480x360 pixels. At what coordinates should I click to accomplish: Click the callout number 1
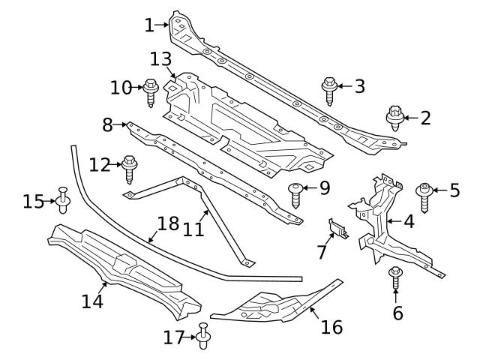[x=149, y=25]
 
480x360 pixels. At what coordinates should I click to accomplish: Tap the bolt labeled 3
[x=328, y=90]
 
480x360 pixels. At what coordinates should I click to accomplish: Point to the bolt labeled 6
[x=395, y=280]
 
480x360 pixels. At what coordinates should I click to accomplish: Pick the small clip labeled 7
[x=337, y=228]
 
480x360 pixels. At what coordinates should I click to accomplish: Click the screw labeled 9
[x=298, y=193]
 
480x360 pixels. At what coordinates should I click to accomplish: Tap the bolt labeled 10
[x=149, y=92]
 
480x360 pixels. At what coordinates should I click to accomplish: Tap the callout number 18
[x=168, y=223]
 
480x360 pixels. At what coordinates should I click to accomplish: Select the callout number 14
[x=92, y=301]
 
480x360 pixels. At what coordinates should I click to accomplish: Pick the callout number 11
[x=193, y=227]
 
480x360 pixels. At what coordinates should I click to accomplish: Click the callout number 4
[x=409, y=222]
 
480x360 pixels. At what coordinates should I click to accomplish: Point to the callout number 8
[x=107, y=124]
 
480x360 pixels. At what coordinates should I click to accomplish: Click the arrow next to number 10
[x=138, y=88]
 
